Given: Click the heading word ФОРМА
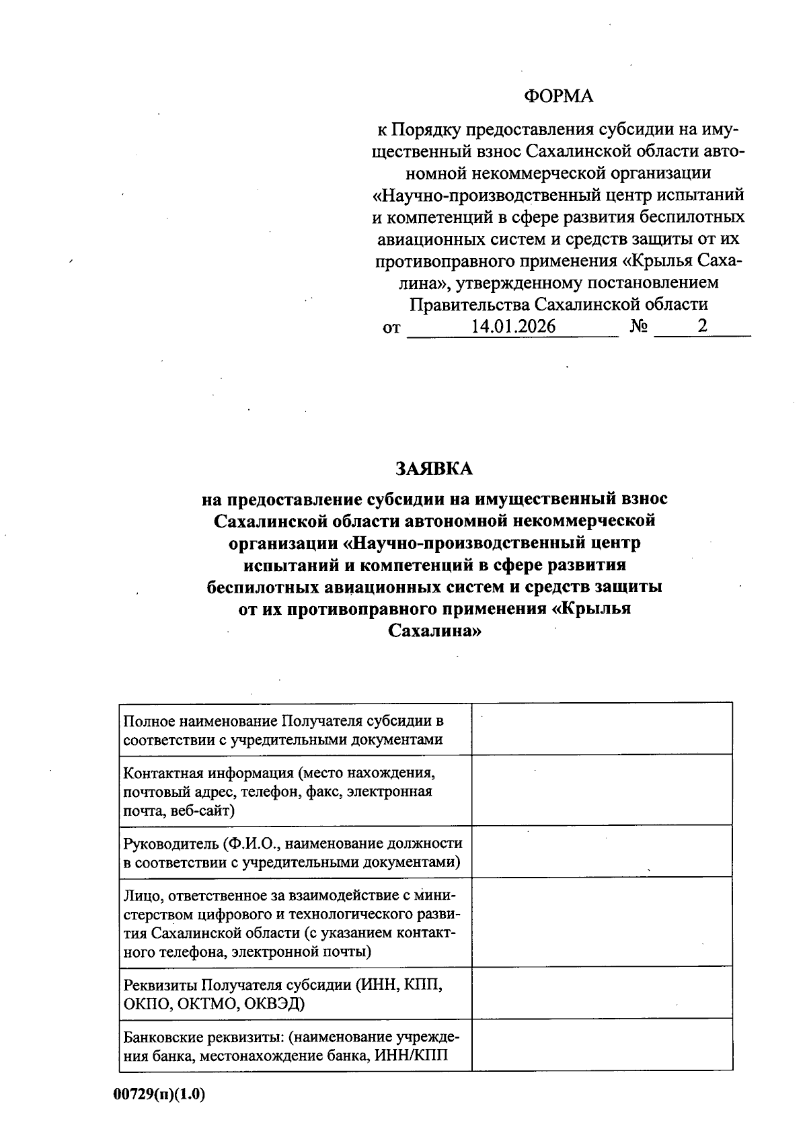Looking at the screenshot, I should click(558, 97).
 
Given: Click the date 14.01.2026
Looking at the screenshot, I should click(513, 327).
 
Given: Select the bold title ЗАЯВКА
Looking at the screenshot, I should click(434, 468).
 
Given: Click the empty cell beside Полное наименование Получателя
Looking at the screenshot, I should click(602, 728).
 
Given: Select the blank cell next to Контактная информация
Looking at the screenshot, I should click(602, 790).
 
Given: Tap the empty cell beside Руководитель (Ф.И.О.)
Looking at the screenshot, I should click(602, 851).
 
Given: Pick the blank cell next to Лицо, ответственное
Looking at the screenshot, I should click(602, 923).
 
